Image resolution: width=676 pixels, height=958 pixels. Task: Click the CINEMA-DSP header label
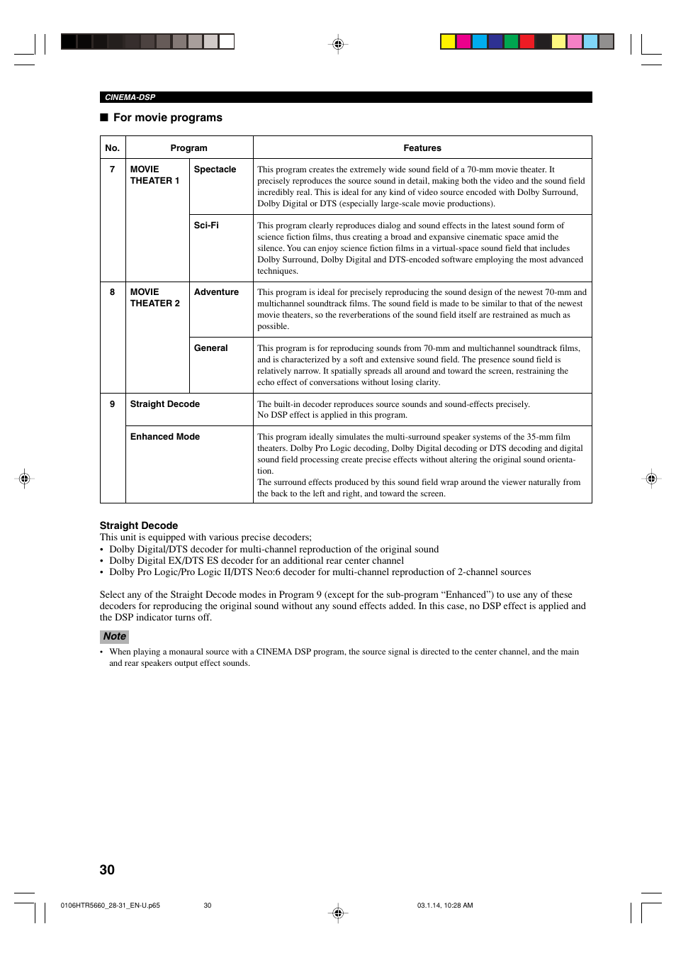point(130,97)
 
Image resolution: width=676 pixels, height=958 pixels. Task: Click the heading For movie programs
point(167,118)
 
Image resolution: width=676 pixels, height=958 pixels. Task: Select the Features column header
point(422,148)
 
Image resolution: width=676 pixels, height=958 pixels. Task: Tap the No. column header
point(112,148)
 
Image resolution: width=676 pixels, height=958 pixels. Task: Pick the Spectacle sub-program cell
point(215,169)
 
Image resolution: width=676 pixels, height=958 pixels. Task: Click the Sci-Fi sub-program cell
point(206,225)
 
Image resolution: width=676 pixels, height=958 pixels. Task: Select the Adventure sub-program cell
point(216,292)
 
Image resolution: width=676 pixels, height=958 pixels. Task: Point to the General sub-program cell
point(210,348)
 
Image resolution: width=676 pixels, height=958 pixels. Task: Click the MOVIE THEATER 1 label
point(154,175)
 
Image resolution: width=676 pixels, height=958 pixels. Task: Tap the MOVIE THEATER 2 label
point(154,298)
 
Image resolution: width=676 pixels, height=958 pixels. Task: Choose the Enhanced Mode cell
point(164,437)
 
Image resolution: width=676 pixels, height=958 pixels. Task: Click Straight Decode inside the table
point(164,404)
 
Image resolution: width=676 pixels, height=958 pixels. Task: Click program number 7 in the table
point(112,169)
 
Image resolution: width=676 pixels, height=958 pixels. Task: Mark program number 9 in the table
point(112,404)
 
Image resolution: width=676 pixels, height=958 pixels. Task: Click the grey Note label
point(114,636)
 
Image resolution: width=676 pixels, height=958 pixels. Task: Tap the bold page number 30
point(107,870)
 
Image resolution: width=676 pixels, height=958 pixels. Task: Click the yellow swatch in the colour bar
point(448,41)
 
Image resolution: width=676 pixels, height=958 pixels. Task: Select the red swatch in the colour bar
point(526,41)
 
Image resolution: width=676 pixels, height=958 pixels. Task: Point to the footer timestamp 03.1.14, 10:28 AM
point(444,906)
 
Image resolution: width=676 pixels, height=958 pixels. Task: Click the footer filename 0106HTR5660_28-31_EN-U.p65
point(110,906)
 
